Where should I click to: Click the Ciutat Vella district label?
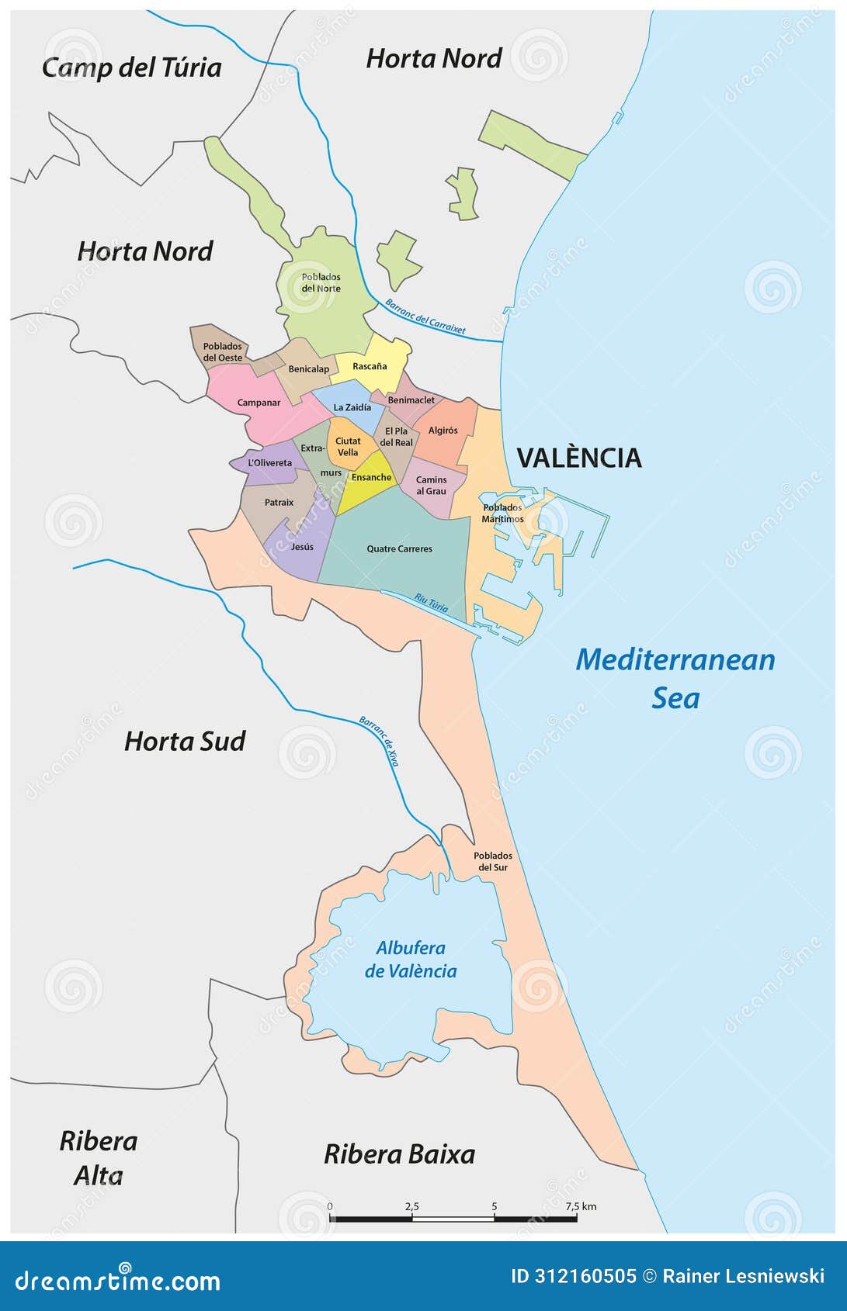[347, 447]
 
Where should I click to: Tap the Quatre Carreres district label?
[399, 548]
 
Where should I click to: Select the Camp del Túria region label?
[131, 67]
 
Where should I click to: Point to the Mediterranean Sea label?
[675, 677]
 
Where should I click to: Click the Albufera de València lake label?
[411, 959]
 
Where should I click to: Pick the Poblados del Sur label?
[492, 861]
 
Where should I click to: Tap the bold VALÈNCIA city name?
[579, 458]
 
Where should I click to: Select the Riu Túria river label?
[431, 603]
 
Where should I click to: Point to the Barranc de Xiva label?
[379, 741]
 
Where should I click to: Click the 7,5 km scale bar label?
[580, 1206]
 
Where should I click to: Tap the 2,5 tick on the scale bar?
[411, 1206]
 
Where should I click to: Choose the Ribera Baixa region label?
[399, 1154]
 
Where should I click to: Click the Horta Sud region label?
[185, 741]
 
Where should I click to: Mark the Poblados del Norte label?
[321, 282]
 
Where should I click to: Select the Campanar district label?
[259, 403]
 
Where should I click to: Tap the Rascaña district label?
[370, 366]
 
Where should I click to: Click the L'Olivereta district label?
[269, 463]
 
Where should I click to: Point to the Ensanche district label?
[371, 477]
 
